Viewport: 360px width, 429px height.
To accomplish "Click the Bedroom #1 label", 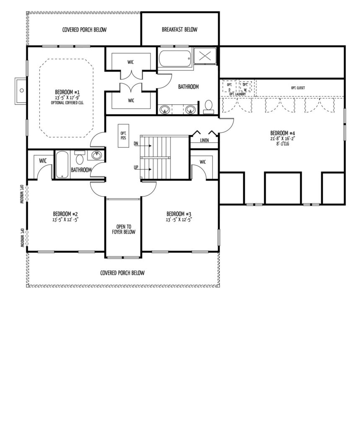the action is coord(67,92).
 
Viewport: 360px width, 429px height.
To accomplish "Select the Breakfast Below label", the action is coord(179,30).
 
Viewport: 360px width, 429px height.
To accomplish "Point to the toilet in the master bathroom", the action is coord(209,107).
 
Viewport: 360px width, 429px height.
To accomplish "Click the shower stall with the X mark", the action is coord(205,56).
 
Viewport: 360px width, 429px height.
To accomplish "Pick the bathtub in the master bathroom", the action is coord(175,58).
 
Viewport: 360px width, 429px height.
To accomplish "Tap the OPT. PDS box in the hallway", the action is coord(123,136).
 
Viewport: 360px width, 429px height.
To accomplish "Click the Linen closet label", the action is coord(204,140).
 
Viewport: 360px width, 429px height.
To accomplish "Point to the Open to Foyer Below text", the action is coord(124,229).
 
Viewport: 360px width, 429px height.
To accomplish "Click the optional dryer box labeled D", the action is coord(229,87).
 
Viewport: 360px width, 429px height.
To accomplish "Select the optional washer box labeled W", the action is coord(245,87).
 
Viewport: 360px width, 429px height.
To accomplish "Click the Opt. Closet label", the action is coord(298,88).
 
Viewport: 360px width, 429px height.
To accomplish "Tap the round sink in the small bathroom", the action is coord(96,156).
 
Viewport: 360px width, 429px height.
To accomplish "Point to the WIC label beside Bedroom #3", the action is coord(202,162).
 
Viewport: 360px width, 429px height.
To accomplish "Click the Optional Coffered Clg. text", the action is coord(67,103).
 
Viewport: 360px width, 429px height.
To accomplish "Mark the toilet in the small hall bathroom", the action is coord(80,158).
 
